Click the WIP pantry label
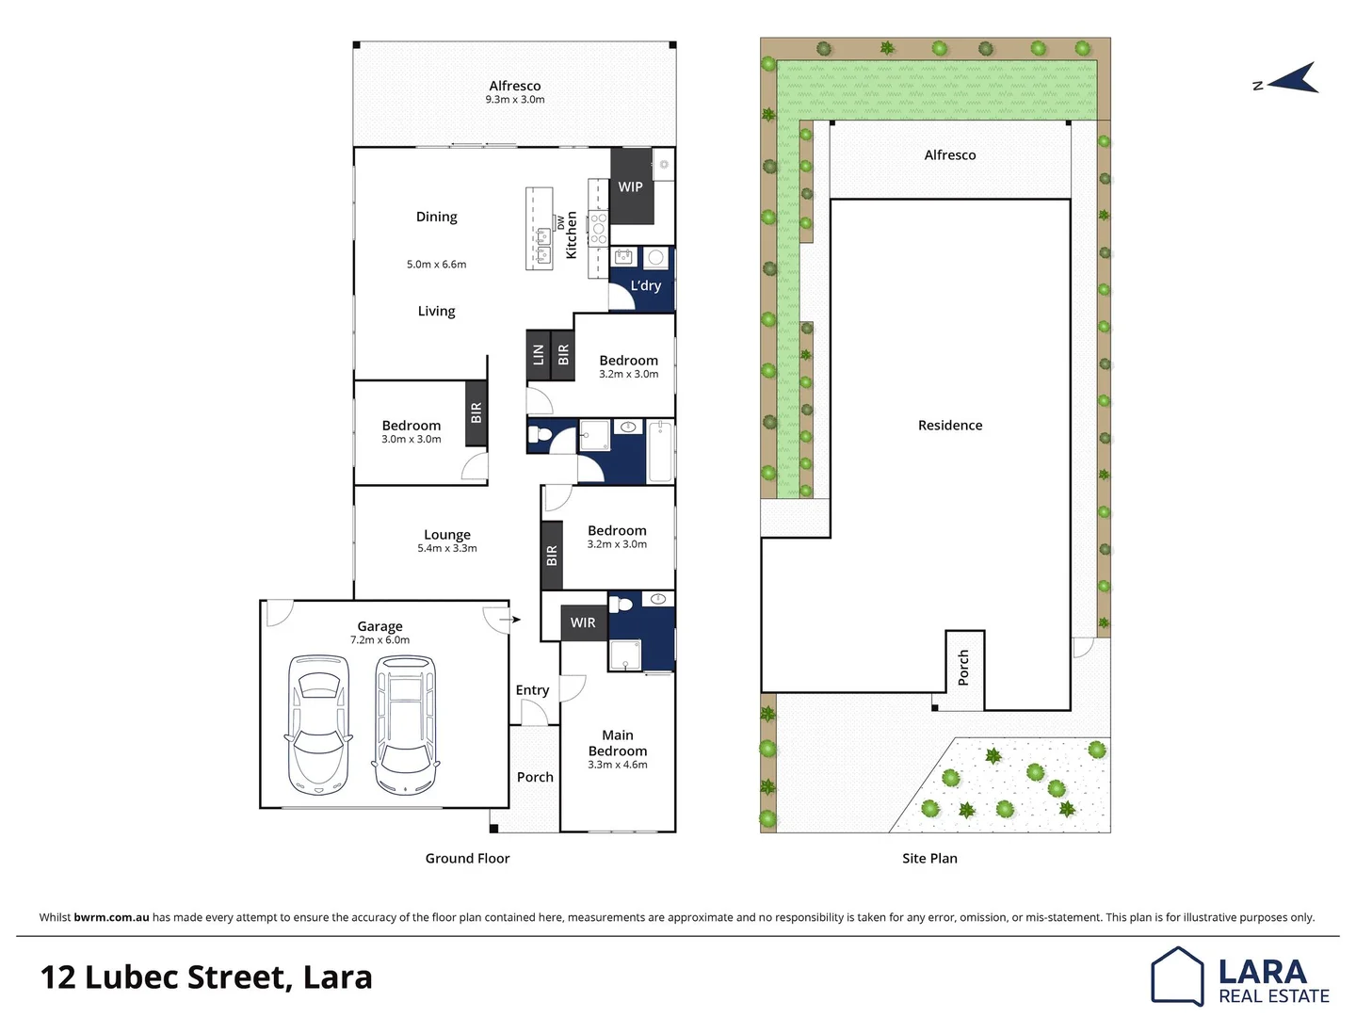click(x=630, y=186)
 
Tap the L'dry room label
click(x=646, y=285)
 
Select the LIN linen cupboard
click(x=539, y=355)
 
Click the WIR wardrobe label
click(x=583, y=622)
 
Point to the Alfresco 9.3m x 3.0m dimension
click(x=515, y=100)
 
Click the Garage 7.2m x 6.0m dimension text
click(x=379, y=640)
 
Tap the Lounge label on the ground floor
click(x=447, y=534)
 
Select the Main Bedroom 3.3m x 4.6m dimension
click(x=618, y=765)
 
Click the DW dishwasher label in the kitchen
click(x=561, y=222)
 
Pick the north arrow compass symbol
click(x=1294, y=79)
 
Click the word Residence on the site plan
click(x=950, y=426)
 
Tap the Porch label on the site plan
click(x=963, y=668)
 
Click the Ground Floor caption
click(x=467, y=858)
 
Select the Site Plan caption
click(x=929, y=858)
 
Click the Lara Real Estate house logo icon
click(x=1177, y=976)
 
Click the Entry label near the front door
click(x=532, y=690)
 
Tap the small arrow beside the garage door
click(x=509, y=620)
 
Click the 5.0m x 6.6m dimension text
click(x=436, y=265)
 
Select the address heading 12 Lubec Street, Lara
click(x=206, y=977)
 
